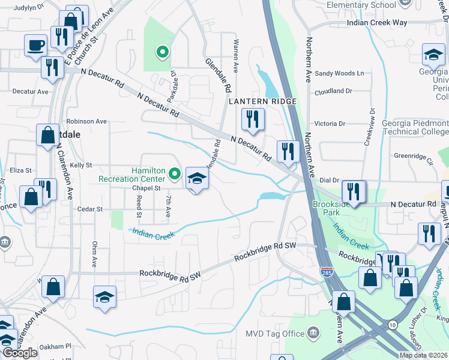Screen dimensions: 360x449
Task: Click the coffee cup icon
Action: coord(36,45)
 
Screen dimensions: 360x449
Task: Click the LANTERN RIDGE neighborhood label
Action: coord(263,101)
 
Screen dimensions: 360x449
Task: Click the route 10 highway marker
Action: coord(392,325)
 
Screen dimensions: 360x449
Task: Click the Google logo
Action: coord(20,353)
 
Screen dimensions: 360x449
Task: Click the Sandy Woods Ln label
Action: coord(340,73)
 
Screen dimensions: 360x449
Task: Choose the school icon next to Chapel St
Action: coord(197,178)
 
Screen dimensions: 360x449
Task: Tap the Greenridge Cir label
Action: coord(413,158)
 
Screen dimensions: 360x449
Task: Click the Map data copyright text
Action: coord(423,355)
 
